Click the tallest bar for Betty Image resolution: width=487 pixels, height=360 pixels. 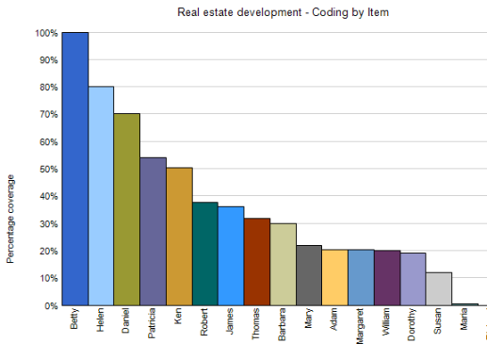pos(75,170)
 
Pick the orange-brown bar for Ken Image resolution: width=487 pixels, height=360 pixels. pos(179,237)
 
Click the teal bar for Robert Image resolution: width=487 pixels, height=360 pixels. pos(205,254)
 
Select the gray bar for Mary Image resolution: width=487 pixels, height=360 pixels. pos(309,275)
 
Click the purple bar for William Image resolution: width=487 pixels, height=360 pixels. pos(387,278)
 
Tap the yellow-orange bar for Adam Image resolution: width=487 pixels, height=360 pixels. pos(335,278)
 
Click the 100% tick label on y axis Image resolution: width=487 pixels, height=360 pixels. pos(46,33)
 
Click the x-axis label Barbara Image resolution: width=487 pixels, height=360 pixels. pos(284,328)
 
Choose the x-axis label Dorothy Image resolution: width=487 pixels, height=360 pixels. pos(414,328)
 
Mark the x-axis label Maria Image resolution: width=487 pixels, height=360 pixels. pos(465,324)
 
